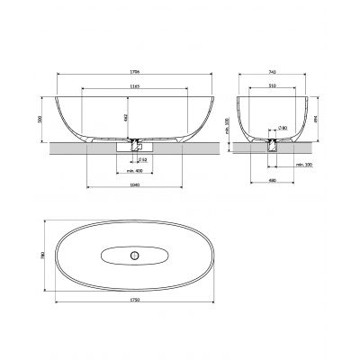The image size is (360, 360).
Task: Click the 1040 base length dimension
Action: click(135, 184)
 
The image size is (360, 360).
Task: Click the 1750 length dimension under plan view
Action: click(135, 301)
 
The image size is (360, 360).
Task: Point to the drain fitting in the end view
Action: click(273, 142)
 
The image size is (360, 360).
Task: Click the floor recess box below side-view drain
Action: click(135, 148)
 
